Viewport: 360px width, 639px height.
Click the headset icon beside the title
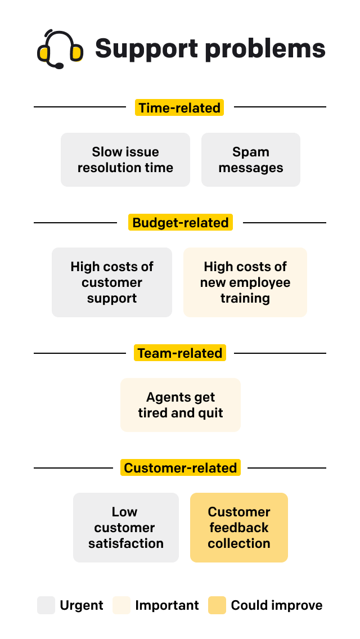click(60, 49)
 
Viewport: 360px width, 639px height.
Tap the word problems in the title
click(264, 48)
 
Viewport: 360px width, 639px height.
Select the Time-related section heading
click(179, 107)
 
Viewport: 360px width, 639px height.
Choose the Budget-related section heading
click(181, 222)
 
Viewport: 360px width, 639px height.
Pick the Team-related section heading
click(180, 353)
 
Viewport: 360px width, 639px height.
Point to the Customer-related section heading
click(181, 467)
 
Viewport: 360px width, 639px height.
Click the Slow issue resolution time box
click(125, 160)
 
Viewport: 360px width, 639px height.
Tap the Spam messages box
click(251, 160)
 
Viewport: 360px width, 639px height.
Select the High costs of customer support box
click(112, 282)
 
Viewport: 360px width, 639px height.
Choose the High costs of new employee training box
click(245, 282)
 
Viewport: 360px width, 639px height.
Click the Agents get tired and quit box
click(181, 405)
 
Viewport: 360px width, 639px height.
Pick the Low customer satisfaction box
click(126, 528)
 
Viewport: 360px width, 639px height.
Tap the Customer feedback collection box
click(239, 528)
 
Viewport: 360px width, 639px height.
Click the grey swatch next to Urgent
click(46, 605)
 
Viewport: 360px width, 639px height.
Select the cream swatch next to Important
click(121, 605)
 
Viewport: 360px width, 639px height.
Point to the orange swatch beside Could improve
click(217, 605)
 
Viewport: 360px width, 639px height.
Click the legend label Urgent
click(82, 605)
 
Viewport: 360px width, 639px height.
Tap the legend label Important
click(167, 605)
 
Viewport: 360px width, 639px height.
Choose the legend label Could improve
click(277, 605)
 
